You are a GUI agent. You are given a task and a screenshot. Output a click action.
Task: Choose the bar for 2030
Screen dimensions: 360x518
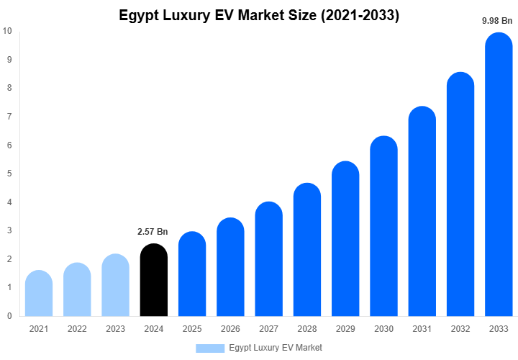(x=383, y=226)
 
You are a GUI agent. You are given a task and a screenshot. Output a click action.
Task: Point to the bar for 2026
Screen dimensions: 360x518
(x=230, y=267)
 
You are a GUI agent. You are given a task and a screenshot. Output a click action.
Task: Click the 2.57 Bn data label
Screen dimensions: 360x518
(x=153, y=232)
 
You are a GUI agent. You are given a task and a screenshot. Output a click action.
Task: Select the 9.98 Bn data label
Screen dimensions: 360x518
(x=497, y=21)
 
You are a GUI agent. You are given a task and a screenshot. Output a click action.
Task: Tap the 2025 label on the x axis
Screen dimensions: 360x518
(x=192, y=329)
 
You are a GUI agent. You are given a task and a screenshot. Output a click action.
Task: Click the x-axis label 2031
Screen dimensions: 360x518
(x=422, y=329)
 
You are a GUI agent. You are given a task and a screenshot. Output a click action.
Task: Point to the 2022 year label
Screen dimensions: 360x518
(x=77, y=329)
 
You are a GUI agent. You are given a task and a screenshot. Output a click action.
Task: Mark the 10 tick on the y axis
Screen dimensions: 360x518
(x=7, y=31)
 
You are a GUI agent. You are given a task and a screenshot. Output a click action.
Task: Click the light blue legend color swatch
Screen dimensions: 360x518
(x=210, y=348)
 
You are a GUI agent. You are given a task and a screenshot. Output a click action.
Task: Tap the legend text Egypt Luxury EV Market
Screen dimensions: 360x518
(x=276, y=348)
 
